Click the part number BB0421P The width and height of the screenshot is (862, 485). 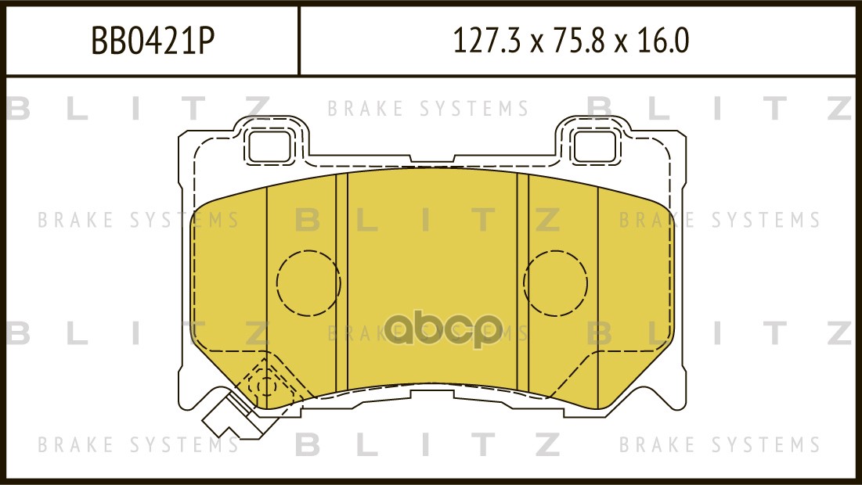tap(153, 41)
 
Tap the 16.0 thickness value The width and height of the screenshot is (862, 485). tap(664, 41)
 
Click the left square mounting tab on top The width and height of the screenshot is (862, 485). tap(268, 144)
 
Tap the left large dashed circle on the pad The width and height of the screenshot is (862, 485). tap(308, 282)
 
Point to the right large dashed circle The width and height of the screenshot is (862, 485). tap(555, 282)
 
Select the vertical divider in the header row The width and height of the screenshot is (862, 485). tap(300, 41)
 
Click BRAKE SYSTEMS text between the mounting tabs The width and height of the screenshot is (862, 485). tap(427, 109)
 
